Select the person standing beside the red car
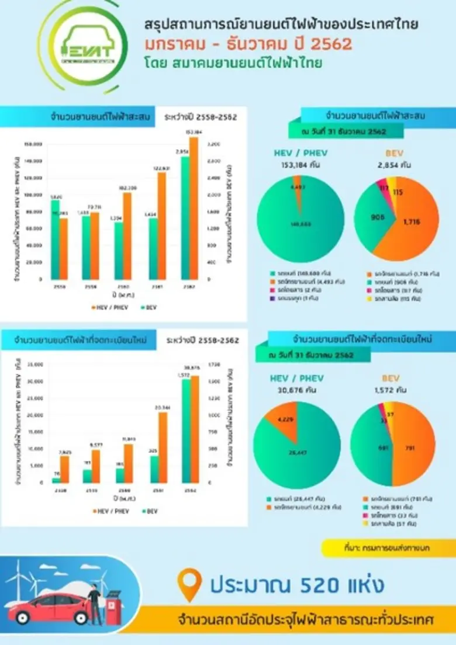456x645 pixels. click(93, 602)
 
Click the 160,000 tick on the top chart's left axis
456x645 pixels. click(33, 143)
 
